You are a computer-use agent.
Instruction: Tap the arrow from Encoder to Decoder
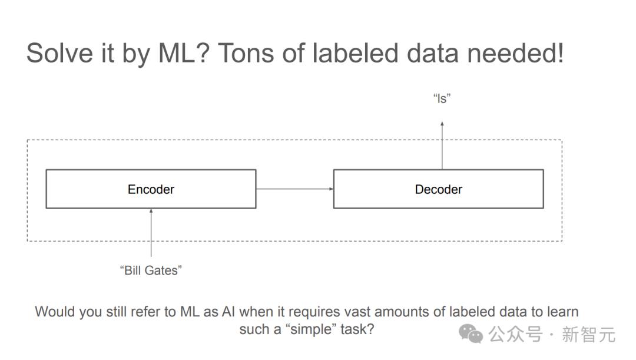pyautogui.click(x=295, y=189)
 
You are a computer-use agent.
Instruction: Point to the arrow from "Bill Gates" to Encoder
pyautogui.click(x=151, y=233)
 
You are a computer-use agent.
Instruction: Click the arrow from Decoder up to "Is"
pyautogui.click(x=442, y=146)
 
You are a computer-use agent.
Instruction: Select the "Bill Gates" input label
pyautogui.click(x=151, y=270)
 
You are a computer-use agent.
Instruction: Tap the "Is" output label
pyautogui.click(x=442, y=98)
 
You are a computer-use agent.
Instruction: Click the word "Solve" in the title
pyautogui.click(x=60, y=53)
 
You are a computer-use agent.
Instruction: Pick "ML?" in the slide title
pyautogui.click(x=184, y=53)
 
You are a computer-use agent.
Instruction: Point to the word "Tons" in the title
pyautogui.click(x=246, y=53)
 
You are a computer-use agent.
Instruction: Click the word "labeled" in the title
pyautogui.click(x=355, y=53)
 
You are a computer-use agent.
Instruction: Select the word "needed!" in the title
pyautogui.click(x=515, y=53)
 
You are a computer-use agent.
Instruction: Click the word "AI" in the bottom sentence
pyautogui.click(x=228, y=312)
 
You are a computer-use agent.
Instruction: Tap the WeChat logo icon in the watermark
pyautogui.click(x=471, y=334)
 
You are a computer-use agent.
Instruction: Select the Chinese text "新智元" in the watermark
pyautogui.click(x=588, y=335)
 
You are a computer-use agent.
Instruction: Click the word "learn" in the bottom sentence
pyautogui.click(x=563, y=312)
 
